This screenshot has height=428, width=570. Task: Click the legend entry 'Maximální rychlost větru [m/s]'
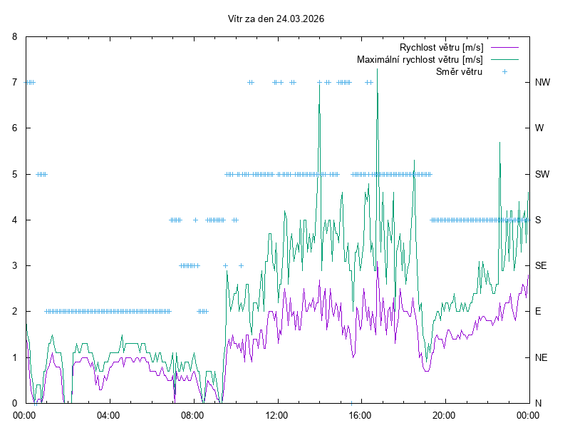pos(420,59)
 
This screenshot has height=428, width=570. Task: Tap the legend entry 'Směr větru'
pos(459,71)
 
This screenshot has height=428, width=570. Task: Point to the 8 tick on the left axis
pos(14,36)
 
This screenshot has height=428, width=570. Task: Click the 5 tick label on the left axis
pos(14,174)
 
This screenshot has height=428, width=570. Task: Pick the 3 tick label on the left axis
pos(14,265)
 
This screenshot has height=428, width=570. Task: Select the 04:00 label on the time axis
pos(109,414)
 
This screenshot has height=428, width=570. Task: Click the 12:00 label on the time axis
pos(276,414)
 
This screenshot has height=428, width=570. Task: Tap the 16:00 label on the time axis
pos(361,414)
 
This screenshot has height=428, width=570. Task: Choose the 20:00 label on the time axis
pos(444,414)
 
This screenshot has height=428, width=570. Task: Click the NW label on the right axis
pos(542,82)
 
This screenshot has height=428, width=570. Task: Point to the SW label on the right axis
pos(542,174)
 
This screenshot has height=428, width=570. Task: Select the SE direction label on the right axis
pos(541,265)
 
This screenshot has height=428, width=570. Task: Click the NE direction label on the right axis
pos(541,357)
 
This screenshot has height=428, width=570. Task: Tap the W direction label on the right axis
pos(539,128)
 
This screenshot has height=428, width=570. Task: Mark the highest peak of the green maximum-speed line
pos(377,69)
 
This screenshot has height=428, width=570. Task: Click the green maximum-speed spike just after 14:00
pos(319,84)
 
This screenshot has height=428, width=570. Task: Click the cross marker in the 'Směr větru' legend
pos(504,71)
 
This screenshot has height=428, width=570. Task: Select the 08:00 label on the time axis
pos(193,414)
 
